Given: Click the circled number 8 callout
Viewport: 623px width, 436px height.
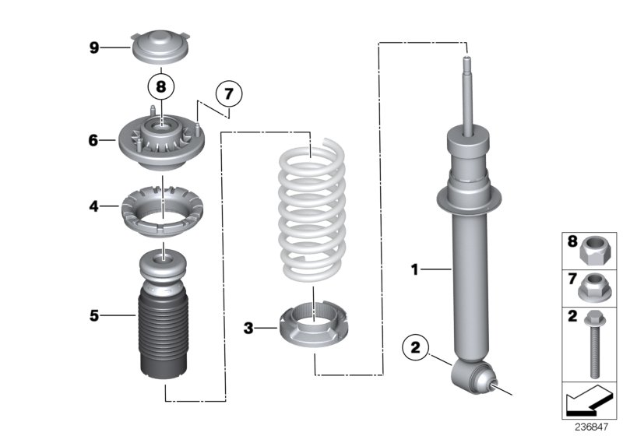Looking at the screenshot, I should [x=161, y=86].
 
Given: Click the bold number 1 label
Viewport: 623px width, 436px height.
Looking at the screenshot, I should [x=415, y=270].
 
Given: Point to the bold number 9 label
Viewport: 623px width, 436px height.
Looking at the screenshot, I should [x=93, y=48].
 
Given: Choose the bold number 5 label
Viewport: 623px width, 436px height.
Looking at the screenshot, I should [x=93, y=315].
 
